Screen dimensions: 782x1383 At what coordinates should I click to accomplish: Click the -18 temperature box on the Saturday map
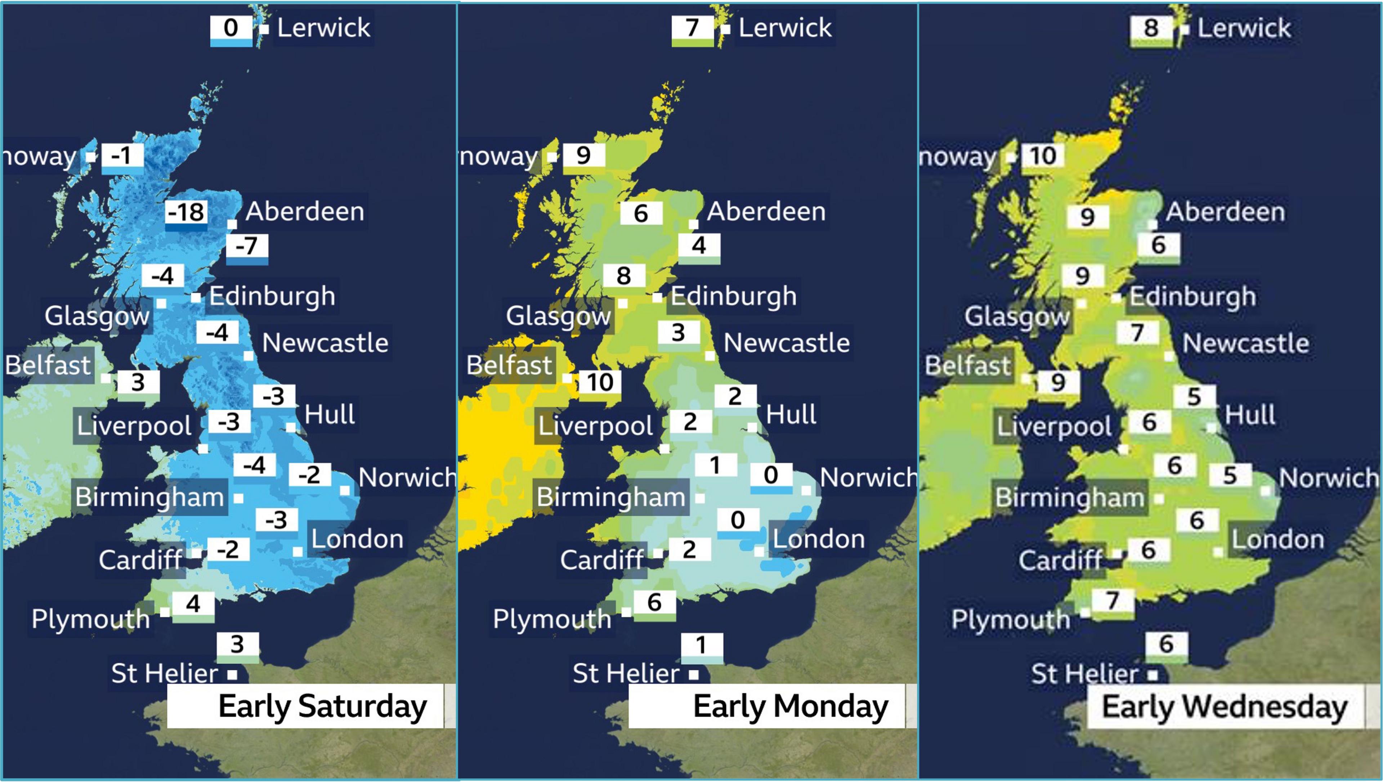point(186,213)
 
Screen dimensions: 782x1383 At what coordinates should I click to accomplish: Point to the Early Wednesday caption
point(1225,706)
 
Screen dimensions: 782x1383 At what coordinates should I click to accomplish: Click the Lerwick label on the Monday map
point(785,27)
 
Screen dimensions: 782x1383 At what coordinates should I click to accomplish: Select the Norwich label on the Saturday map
point(407,477)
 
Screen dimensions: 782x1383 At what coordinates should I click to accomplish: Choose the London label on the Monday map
point(819,539)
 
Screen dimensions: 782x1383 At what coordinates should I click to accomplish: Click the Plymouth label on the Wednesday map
point(1010,619)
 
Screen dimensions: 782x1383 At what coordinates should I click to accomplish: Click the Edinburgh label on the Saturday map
point(272,296)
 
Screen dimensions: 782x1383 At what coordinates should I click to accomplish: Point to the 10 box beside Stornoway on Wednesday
point(1043,156)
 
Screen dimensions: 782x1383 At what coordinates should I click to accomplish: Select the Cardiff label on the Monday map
point(601,560)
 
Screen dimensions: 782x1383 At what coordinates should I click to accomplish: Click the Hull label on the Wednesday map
point(1250,415)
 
